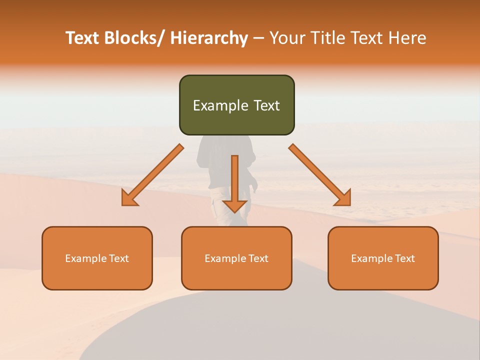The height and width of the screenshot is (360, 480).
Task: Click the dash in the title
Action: [258, 38]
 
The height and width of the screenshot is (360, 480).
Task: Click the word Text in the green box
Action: [265, 105]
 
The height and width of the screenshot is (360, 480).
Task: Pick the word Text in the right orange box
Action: [404, 258]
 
